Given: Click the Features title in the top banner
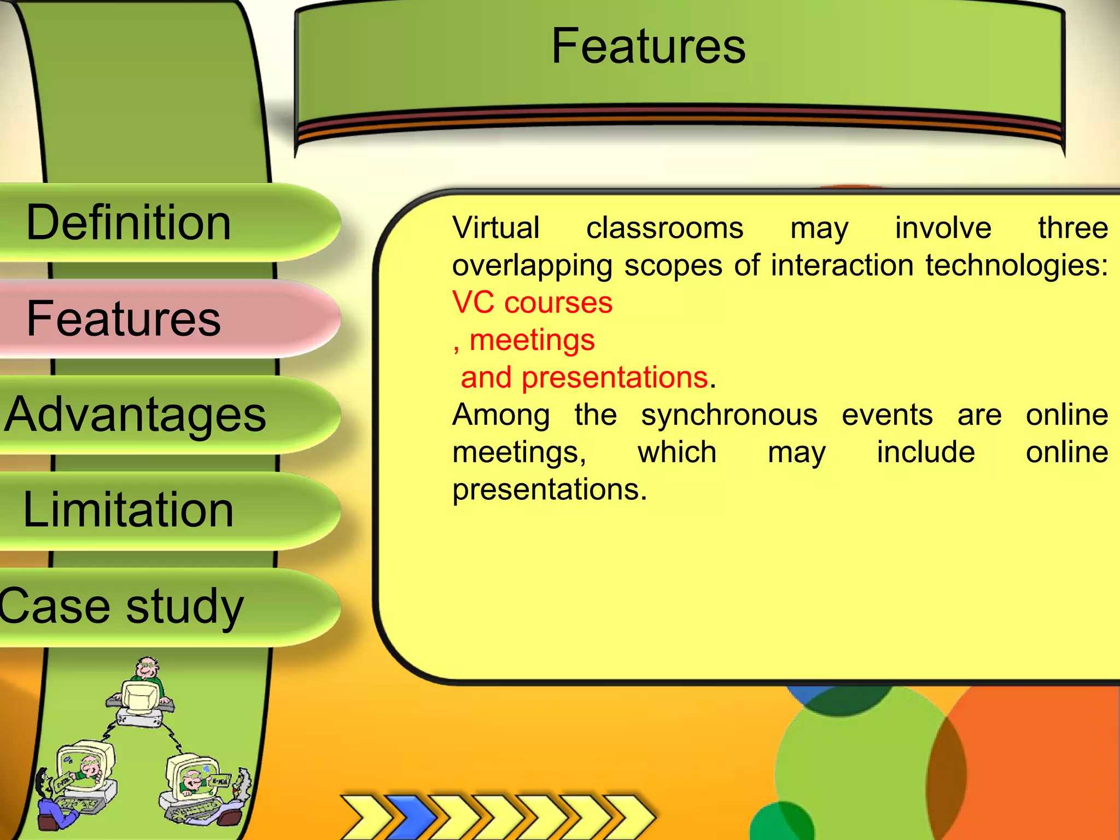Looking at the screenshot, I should [648, 46].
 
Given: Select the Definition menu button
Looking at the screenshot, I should [129, 223].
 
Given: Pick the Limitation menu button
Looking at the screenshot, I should [129, 510].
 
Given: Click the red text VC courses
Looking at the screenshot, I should [532, 302].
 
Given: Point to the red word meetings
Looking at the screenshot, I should [532, 340].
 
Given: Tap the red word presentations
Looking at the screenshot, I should [615, 377].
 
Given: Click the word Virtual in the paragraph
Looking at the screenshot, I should [496, 227].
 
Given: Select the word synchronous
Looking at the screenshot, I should [729, 415].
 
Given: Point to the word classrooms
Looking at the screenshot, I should [664, 227].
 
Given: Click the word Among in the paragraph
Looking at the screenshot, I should [501, 415].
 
